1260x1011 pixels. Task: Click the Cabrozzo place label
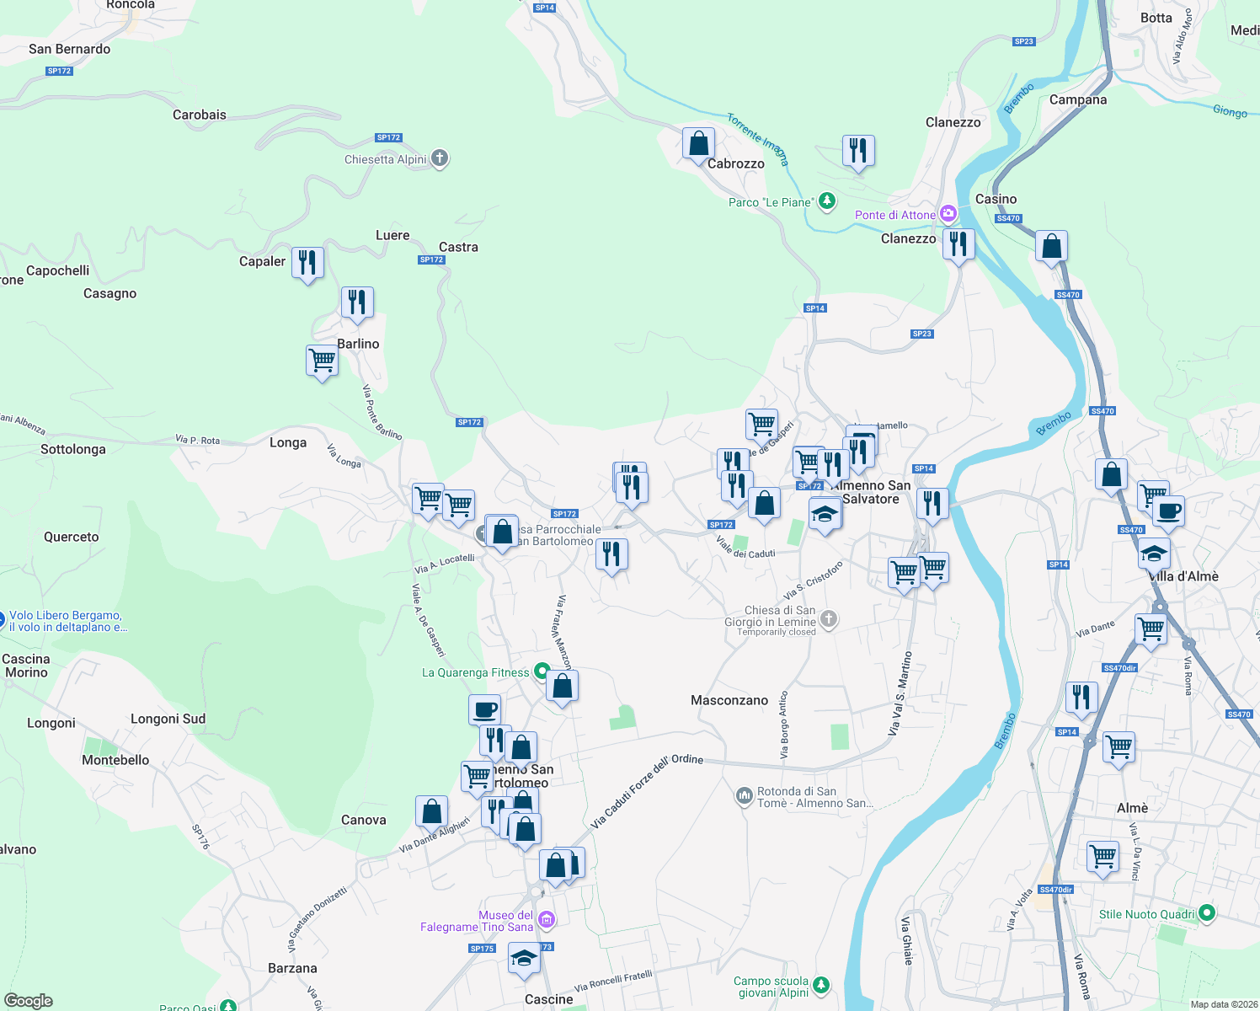(x=735, y=163)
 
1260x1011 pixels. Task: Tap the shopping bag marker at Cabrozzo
(x=698, y=144)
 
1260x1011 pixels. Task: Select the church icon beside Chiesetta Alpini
(x=440, y=158)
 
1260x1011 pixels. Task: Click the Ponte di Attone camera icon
(x=948, y=214)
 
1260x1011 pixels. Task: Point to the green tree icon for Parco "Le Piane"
(x=827, y=201)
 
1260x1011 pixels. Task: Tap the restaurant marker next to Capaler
(x=307, y=263)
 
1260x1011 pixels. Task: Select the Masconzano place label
(x=729, y=700)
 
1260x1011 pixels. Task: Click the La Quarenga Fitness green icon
(x=542, y=672)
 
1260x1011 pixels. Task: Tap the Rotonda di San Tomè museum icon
(x=744, y=796)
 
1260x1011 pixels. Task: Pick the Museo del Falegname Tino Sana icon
(x=546, y=920)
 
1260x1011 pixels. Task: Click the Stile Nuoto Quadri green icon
(x=1207, y=913)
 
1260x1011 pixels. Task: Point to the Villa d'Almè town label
(x=1183, y=576)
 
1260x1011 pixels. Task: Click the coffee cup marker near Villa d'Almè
(x=1167, y=511)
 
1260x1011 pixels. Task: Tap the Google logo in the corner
(x=28, y=1001)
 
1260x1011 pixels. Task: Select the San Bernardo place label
(x=69, y=49)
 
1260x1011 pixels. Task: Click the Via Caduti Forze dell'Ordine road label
(x=647, y=790)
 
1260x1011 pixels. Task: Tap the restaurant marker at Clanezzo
(x=958, y=245)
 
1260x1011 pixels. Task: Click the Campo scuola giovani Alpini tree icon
(x=821, y=985)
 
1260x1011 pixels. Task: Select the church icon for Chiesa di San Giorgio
(x=829, y=620)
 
